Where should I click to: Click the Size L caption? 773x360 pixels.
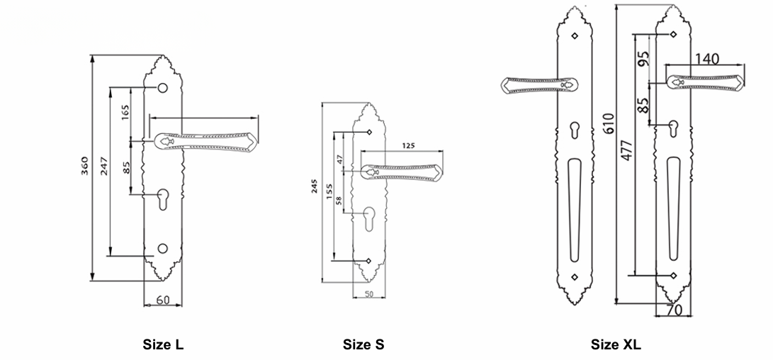163,344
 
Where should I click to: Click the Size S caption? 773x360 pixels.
363,344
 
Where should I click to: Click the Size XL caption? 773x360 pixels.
616,344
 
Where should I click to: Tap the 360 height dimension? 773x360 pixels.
84,166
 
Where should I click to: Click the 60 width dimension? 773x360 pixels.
163,299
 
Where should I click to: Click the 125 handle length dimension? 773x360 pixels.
409,145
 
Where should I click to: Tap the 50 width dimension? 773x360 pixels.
368,294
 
